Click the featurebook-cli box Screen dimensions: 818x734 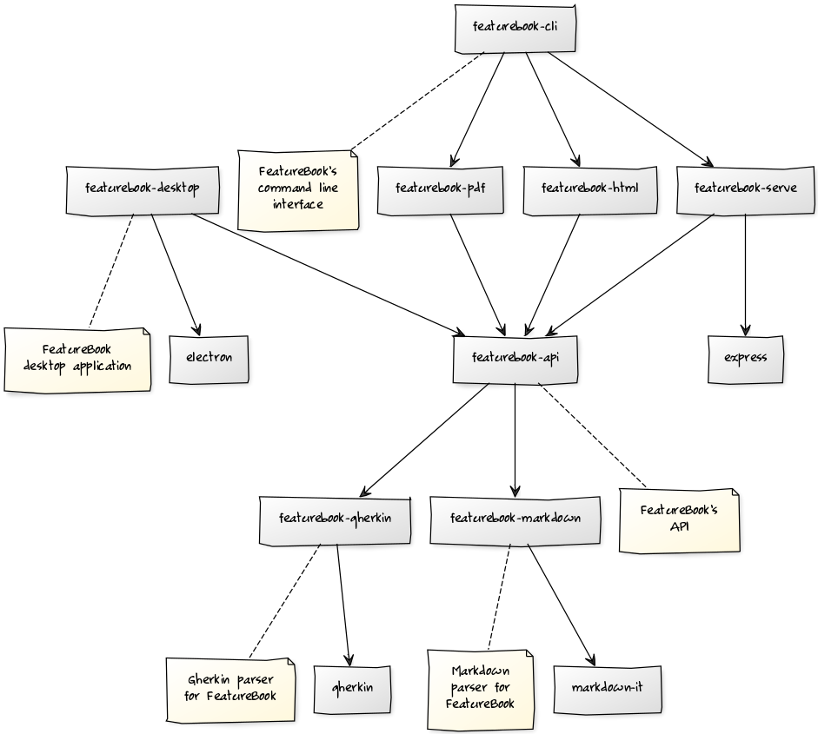tap(515, 27)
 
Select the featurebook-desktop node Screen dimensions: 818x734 tap(143, 188)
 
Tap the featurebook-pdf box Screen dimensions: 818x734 tap(440, 188)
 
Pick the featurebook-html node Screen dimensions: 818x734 tap(589, 188)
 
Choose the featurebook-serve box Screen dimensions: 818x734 tap(745, 188)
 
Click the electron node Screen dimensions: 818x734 tap(209, 358)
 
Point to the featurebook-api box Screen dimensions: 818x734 tap(515, 358)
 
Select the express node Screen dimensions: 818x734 tap(745, 358)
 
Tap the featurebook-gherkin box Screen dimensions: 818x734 tap(335, 519)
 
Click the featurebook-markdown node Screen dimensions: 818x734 tap(515, 519)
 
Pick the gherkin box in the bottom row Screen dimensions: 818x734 tap(352, 688)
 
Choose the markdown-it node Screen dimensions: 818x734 tap(607, 688)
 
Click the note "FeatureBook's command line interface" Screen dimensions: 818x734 tap(298, 188)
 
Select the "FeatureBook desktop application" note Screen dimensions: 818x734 tap(77, 358)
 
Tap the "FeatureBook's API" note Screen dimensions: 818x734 tap(680, 519)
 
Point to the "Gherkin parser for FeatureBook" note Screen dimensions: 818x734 tap(230, 688)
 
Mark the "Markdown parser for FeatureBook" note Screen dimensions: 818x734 tap(480, 688)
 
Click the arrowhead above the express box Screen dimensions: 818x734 tap(745, 331)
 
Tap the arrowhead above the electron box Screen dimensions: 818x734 tap(198, 331)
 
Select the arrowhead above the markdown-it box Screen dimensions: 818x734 tap(592, 663)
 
